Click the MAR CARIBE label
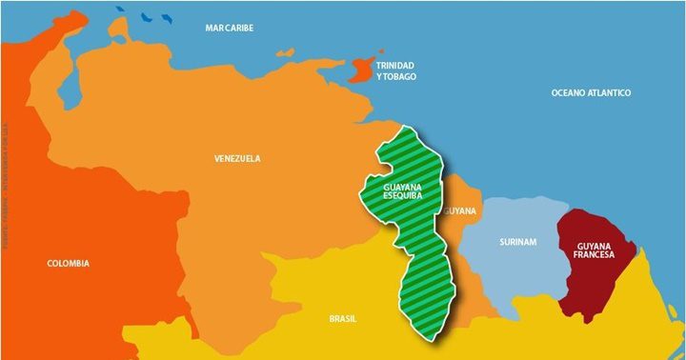[230, 29]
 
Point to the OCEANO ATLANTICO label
[592, 92]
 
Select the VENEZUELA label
[237, 159]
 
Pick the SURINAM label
[517, 242]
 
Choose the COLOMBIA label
[70, 263]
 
